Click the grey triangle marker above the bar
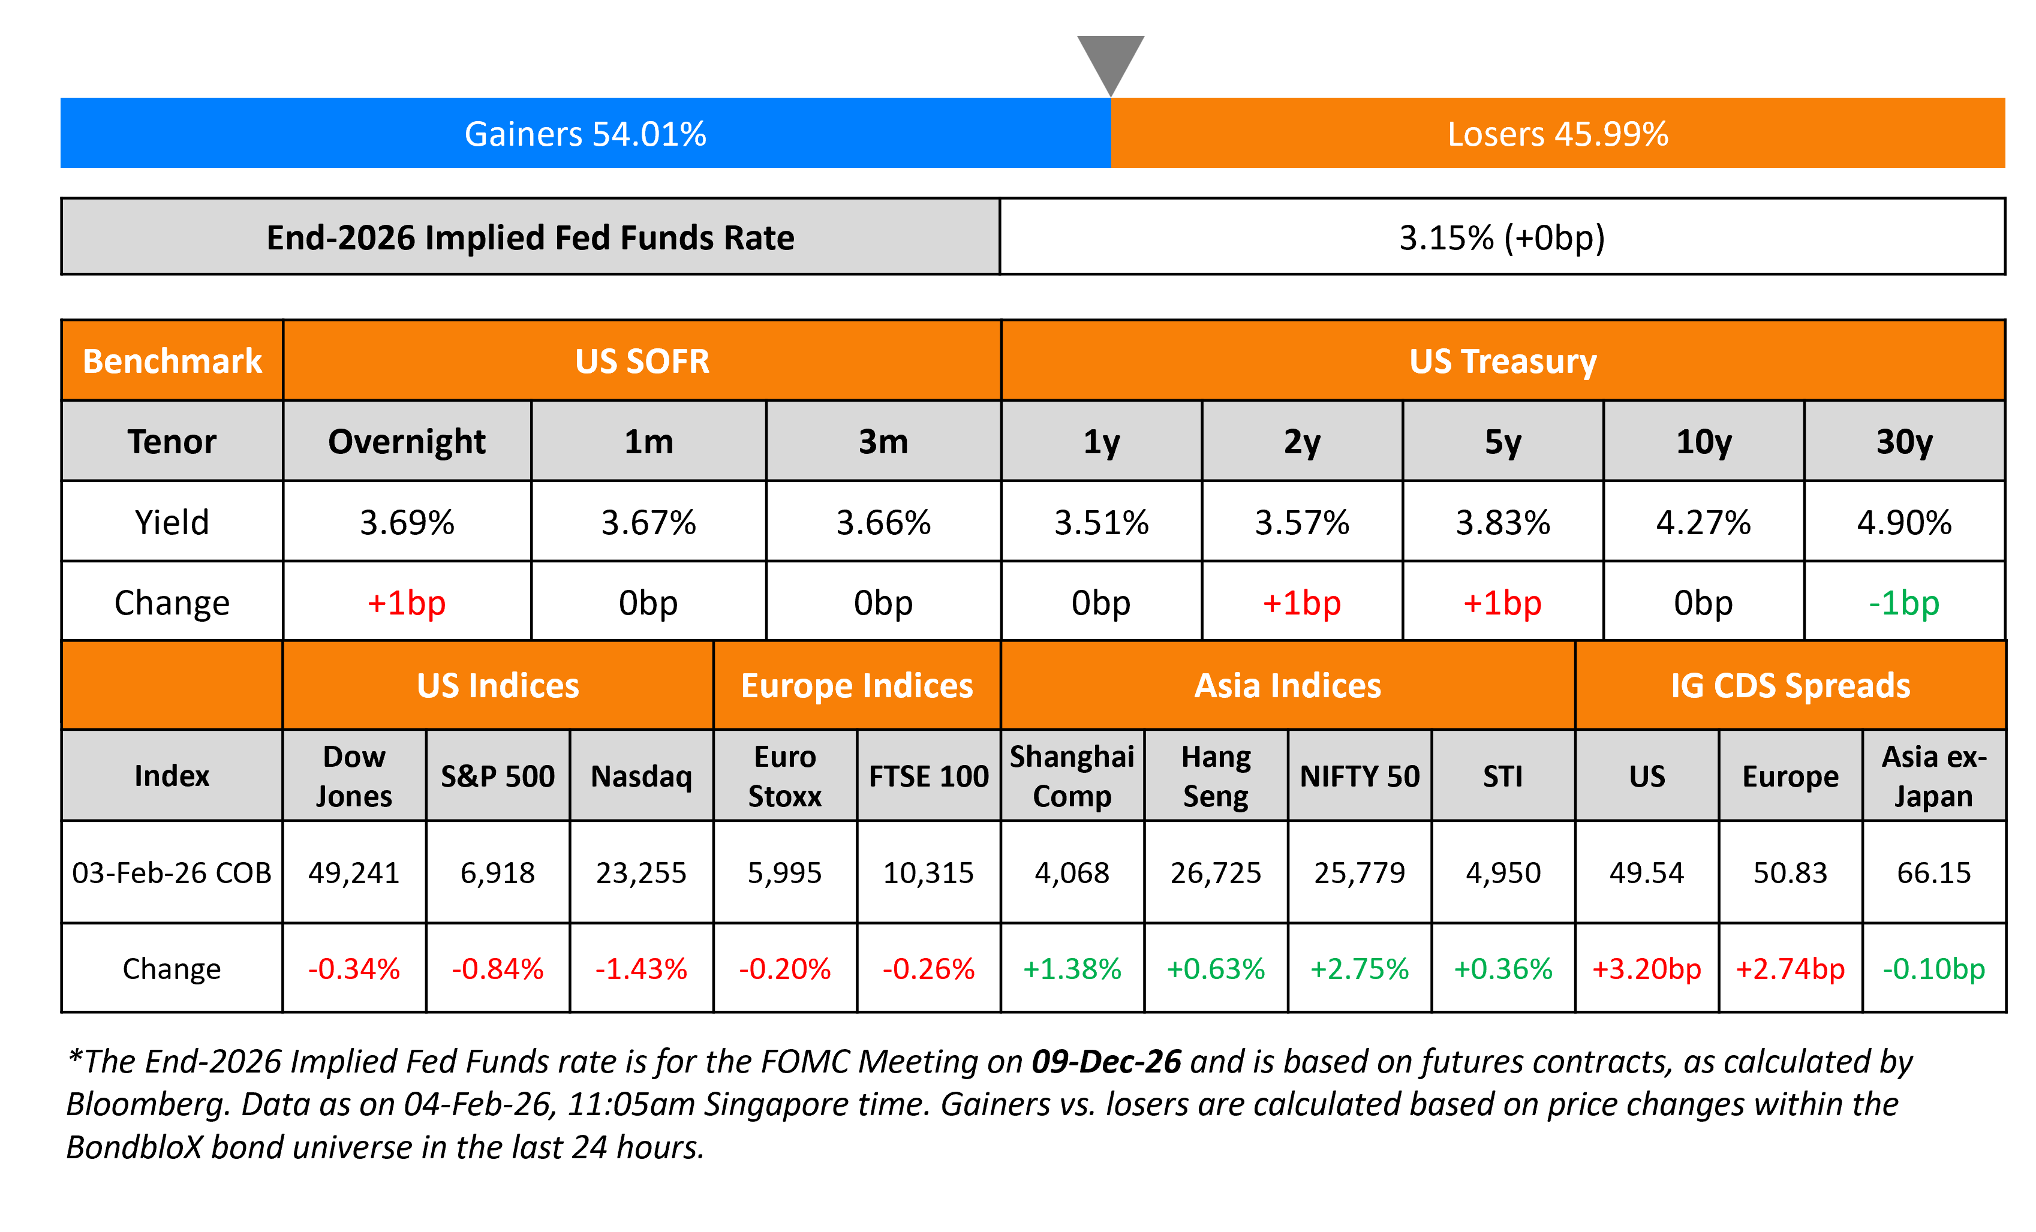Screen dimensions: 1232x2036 click(1111, 59)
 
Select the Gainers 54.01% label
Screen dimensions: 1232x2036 click(585, 134)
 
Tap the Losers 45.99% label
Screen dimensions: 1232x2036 click(1557, 134)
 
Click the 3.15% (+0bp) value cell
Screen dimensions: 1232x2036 click(1502, 237)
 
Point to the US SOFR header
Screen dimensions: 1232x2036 click(642, 361)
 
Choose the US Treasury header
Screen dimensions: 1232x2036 click(1502, 361)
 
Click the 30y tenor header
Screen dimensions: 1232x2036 click(1904, 442)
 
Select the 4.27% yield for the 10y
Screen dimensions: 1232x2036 click(1703, 522)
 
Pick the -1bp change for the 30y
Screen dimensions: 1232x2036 click(1904, 603)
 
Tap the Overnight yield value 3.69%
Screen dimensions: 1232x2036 click(407, 522)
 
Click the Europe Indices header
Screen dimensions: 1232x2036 click(857, 686)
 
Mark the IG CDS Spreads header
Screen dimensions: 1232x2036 click(1790, 686)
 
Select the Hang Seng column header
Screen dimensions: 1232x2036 click(1216, 776)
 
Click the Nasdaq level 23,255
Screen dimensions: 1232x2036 click(641, 872)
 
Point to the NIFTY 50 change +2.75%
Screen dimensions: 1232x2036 click(1360, 968)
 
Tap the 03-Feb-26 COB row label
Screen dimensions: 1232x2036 click(172, 872)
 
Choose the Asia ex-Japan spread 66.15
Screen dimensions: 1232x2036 click(1933, 872)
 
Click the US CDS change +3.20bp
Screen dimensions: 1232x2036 click(1646, 968)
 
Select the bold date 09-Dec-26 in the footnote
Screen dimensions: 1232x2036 click(1106, 1062)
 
